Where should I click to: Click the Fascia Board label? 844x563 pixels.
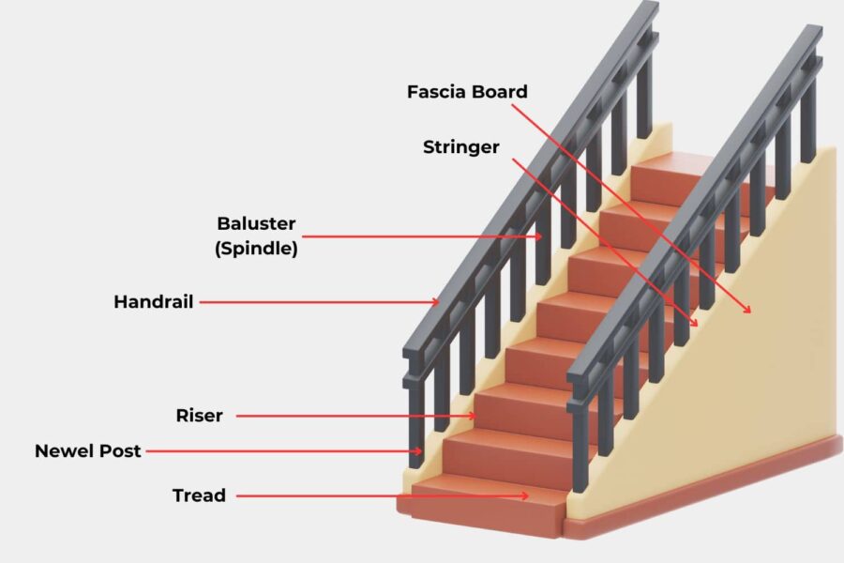(x=467, y=92)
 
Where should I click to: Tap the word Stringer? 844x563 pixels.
(x=460, y=146)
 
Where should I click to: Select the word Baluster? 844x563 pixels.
(x=256, y=224)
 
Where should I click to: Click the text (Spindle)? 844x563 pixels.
(x=256, y=250)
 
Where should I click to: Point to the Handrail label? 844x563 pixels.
(x=154, y=302)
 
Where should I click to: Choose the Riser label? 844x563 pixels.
(x=199, y=415)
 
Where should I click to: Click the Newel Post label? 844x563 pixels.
(x=88, y=450)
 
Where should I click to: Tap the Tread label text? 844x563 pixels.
(x=199, y=495)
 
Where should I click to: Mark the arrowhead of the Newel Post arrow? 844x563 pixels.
(x=421, y=451)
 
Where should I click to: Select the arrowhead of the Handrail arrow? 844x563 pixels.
(x=438, y=302)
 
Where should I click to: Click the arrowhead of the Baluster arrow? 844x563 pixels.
(x=542, y=236)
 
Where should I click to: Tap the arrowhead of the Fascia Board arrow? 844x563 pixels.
(x=750, y=311)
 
